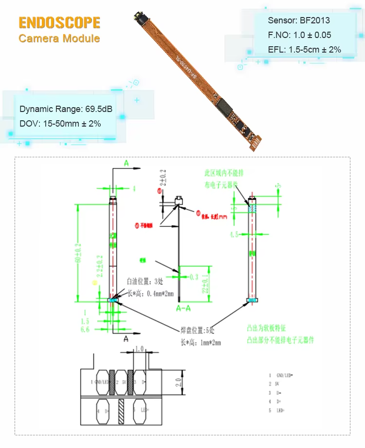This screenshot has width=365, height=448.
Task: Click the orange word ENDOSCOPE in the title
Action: point(59,22)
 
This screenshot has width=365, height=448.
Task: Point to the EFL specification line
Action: point(304,49)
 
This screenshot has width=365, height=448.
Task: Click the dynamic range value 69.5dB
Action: point(95,109)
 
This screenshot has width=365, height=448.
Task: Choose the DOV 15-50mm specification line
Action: point(60,124)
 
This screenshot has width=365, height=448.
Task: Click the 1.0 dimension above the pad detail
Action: point(139,349)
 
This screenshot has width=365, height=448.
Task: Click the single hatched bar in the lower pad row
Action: point(121,411)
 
